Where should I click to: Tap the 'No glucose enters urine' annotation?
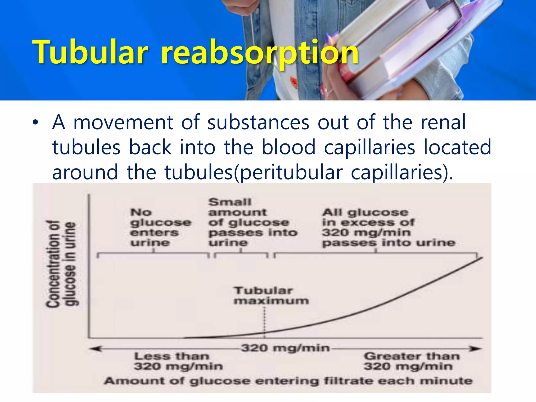(x=160, y=227)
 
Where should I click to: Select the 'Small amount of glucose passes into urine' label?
(x=253, y=222)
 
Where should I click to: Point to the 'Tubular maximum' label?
(x=271, y=295)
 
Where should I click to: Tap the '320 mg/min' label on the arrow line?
(x=285, y=348)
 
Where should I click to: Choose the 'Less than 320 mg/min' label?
(x=178, y=361)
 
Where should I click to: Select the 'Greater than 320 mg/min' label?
(x=411, y=361)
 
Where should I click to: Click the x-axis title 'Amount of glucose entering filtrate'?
(x=288, y=381)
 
